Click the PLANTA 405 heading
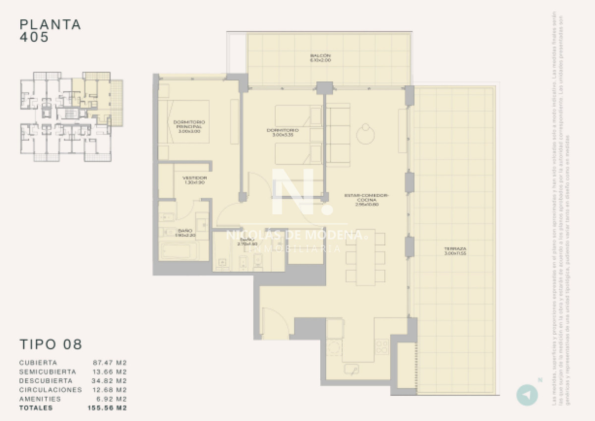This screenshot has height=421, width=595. pos(50,31)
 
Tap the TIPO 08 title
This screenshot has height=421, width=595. pos(51,344)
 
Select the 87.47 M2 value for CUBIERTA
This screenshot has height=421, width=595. pos(110,363)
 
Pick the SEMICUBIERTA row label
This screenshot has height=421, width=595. pos(48,372)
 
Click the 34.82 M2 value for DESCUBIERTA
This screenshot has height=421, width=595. pos(110,381)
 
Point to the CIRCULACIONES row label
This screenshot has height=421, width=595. pos(50,390)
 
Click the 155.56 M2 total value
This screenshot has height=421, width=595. pos(107,408)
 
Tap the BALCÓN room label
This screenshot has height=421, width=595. pos(320,58)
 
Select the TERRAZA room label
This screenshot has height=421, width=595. pos(456,251)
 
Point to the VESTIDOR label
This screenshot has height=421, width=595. pos(194,180)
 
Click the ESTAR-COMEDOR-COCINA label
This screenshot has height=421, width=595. pos(367,199)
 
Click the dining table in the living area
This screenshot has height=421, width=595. pos(365,258)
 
